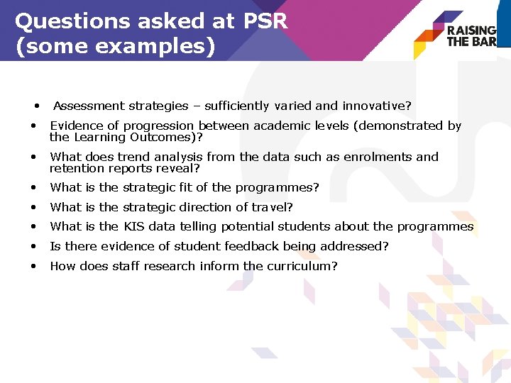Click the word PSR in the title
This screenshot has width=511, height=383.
coord(264,21)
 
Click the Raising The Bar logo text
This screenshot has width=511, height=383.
coord(471,35)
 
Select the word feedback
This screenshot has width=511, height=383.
coord(253,246)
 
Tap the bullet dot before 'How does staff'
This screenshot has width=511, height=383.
coord(33,266)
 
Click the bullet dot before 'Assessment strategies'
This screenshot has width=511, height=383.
coord(36,106)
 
